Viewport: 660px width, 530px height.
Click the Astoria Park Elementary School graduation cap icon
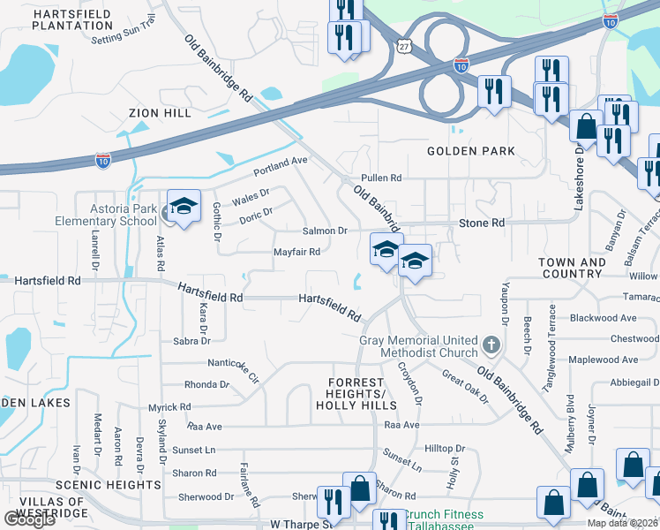184,207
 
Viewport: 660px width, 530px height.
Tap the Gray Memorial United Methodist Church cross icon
492,343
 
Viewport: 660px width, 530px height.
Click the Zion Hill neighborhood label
159,113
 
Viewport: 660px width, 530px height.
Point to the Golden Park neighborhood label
471,151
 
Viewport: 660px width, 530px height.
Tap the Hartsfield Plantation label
72,19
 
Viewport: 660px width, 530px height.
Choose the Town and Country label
572,268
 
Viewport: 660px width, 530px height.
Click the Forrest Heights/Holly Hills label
356,398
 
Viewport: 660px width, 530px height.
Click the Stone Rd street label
482,223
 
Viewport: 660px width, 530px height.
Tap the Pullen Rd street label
381,178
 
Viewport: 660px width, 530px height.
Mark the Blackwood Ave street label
604,318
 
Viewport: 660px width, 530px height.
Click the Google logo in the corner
30,519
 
